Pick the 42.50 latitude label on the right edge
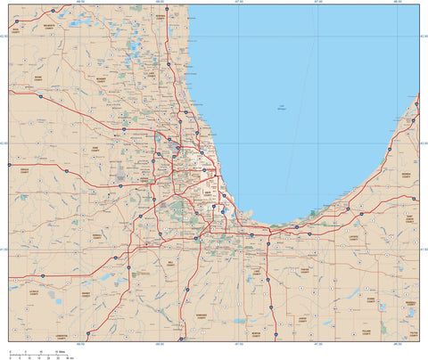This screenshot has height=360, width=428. click(x=422, y=36)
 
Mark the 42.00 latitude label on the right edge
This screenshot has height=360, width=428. click(x=422, y=142)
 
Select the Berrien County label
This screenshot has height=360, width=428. click(x=407, y=175)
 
